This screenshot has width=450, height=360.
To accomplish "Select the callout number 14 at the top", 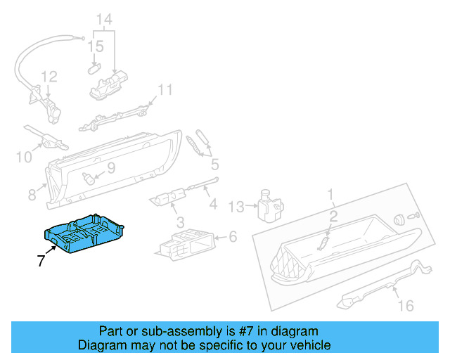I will point(103,20).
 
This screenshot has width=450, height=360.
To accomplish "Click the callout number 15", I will point(95,47).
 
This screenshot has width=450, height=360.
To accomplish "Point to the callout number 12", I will point(48,77).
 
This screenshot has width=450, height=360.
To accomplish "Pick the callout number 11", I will point(164,90).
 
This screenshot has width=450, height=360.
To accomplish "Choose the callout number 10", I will point(23,157).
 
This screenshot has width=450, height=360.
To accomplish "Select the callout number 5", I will point(214,165).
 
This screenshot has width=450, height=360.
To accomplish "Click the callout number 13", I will point(236,206).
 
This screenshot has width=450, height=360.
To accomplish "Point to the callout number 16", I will point(406,305).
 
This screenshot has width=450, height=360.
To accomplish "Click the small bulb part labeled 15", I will point(94,68).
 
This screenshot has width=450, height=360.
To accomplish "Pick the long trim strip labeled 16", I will point(383,286).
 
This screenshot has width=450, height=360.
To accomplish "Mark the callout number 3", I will point(181,222).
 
